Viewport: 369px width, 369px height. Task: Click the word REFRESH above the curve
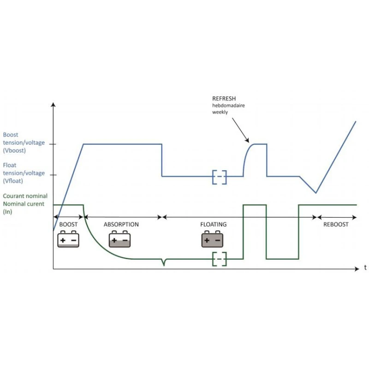point(224,99)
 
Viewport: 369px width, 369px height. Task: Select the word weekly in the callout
point(220,112)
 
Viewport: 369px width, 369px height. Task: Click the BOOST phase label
point(69,225)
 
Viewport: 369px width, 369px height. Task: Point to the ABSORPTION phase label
point(121,225)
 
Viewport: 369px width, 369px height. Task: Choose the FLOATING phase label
point(213,225)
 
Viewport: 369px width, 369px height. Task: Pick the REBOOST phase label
point(336,225)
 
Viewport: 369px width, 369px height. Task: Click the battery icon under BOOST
point(68,239)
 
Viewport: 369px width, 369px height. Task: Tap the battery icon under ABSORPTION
point(120,239)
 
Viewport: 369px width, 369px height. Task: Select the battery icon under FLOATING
point(212,239)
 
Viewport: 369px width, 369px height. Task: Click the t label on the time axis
point(365,268)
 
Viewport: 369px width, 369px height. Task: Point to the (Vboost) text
point(15,150)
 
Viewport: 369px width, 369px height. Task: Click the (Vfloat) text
point(14,181)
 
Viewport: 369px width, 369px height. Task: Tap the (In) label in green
point(7,211)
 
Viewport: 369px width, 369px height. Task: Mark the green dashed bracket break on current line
point(220,259)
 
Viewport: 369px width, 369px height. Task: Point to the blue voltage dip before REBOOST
point(315,192)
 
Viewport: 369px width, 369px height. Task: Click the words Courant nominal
point(25,196)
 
